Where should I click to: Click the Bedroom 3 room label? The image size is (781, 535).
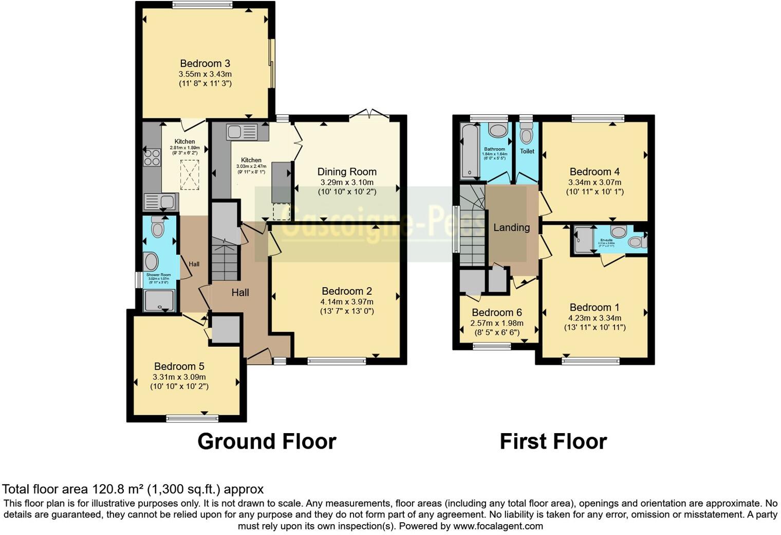pos(204,64)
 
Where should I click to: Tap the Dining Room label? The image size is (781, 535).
pos(347,172)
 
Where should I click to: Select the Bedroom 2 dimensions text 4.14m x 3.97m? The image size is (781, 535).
pos(347,301)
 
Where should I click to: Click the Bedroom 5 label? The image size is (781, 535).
pos(179,366)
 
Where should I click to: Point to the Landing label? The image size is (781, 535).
pos(511,227)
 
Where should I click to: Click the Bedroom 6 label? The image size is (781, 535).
pos(496,313)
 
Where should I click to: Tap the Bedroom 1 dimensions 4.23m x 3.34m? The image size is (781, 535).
pos(594,318)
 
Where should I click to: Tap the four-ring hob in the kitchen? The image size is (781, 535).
pos(152,157)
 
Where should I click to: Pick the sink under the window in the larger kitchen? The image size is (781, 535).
pos(241,132)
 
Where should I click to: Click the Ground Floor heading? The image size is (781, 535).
pos(267,441)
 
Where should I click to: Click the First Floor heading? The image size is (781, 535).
pos(553,441)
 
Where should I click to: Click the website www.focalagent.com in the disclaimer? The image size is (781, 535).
pos(497,526)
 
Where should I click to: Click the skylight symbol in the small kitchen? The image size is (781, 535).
pos(189,175)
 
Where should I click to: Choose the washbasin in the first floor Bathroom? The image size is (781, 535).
pos(497,130)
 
